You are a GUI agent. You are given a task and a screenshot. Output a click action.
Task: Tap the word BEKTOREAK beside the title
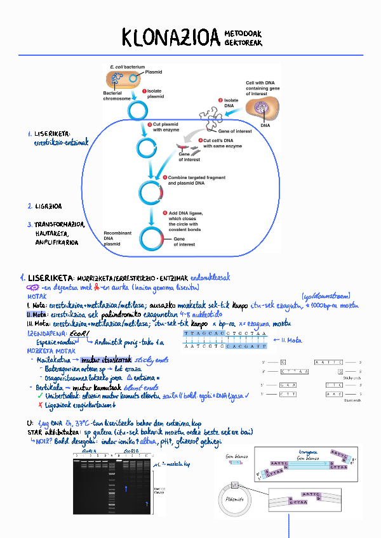pos(243,43)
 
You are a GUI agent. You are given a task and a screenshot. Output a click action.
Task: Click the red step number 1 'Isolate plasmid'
pos(145,91)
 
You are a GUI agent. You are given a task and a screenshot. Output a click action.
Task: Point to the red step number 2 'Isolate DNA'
pos(221,100)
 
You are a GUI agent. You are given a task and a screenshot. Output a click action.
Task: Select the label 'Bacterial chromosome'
pos(117,96)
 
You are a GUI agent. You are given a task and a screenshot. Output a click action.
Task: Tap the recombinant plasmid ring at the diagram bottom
pos(154,238)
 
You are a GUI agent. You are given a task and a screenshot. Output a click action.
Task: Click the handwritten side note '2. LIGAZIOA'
pos(44,206)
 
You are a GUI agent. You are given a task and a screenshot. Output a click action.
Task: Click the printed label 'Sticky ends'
pos(352,377)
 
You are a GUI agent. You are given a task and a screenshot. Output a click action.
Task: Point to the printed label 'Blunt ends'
pos(352,400)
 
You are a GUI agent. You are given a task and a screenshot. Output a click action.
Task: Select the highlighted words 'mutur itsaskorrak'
pos(93,359)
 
